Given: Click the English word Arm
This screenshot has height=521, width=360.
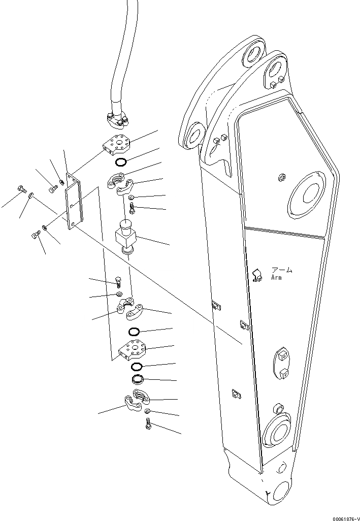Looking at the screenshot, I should (x=277, y=278).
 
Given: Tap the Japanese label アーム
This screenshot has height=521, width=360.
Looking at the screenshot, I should (x=282, y=270).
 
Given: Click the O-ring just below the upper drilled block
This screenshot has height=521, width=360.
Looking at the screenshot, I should (x=120, y=162).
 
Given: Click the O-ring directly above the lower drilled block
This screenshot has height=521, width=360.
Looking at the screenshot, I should (x=134, y=332).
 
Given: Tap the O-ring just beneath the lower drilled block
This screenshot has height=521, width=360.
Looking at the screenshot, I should (x=137, y=367).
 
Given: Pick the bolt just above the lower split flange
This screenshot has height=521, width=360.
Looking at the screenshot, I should (x=118, y=281).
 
